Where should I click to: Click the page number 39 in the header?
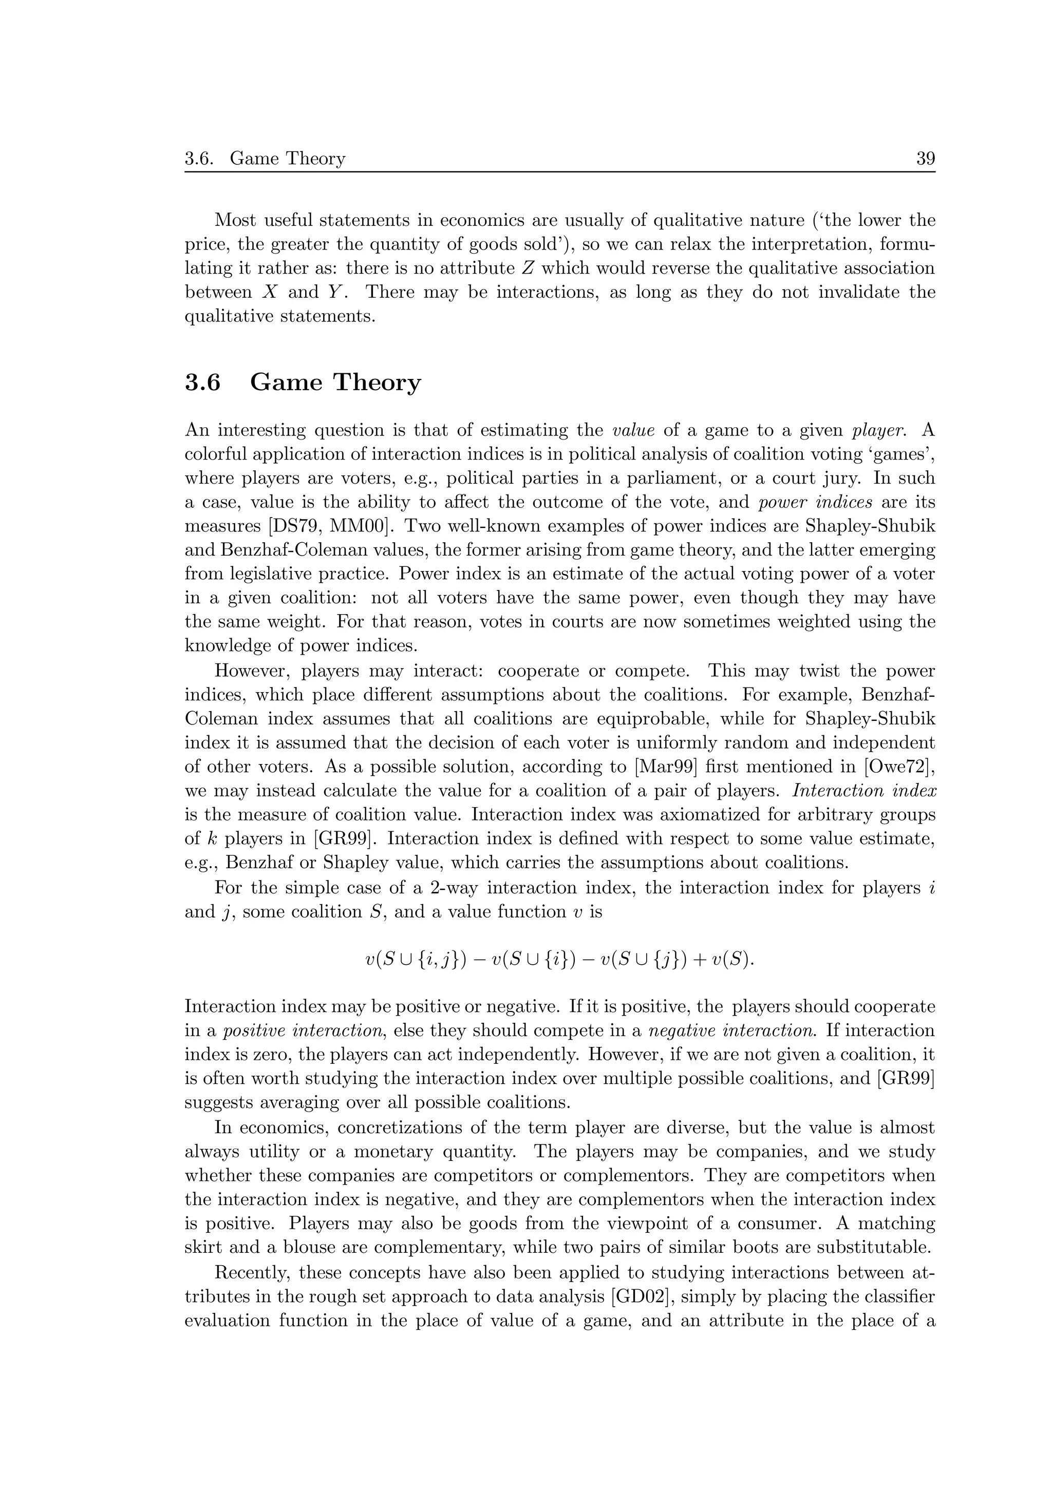click(925, 158)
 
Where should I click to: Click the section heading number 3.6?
click(202, 383)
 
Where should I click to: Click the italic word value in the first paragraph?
click(633, 430)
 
